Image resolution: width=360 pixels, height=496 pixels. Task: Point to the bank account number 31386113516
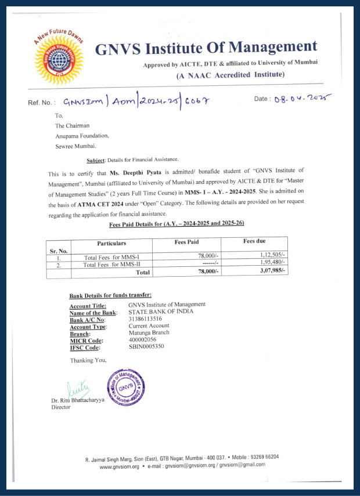point(145,319)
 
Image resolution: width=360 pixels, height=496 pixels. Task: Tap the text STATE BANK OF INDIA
point(161,312)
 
